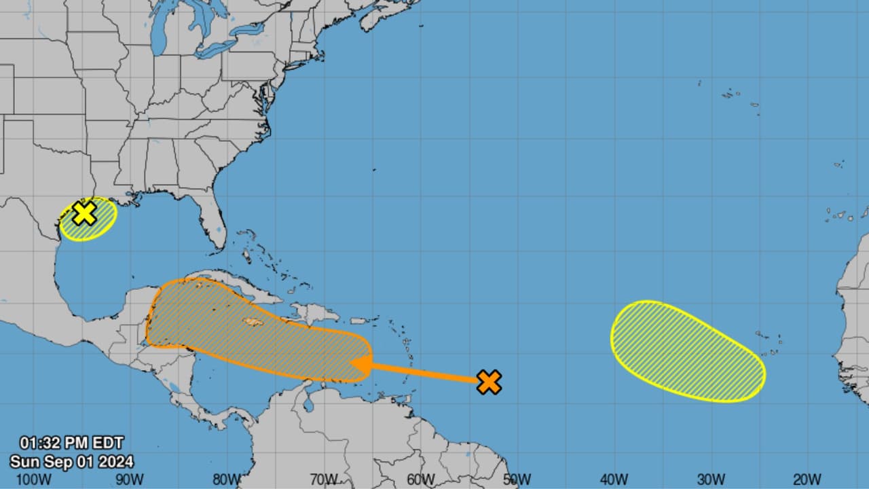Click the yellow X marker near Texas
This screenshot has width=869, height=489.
click(x=84, y=213)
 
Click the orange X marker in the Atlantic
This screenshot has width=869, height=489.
click(x=489, y=382)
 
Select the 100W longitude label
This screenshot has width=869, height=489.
click(x=34, y=479)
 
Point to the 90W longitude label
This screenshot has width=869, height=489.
click(x=129, y=479)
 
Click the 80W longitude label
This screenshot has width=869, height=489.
click(x=226, y=479)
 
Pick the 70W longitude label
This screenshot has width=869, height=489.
click(x=323, y=479)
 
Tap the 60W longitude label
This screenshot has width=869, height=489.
click(x=420, y=479)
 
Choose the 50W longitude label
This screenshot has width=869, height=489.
click(x=517, y=479)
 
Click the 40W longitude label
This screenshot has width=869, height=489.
click(x=614, y=479)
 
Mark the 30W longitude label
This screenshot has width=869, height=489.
click(x=710, y=479)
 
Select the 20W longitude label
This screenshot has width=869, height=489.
click(x=807, y=479)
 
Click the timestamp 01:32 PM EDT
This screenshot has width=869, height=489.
click(x=71, y=443)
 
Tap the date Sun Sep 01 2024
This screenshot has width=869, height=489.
click(x=71, y=462)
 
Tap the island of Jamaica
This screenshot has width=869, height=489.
click(x=252, y=322)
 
